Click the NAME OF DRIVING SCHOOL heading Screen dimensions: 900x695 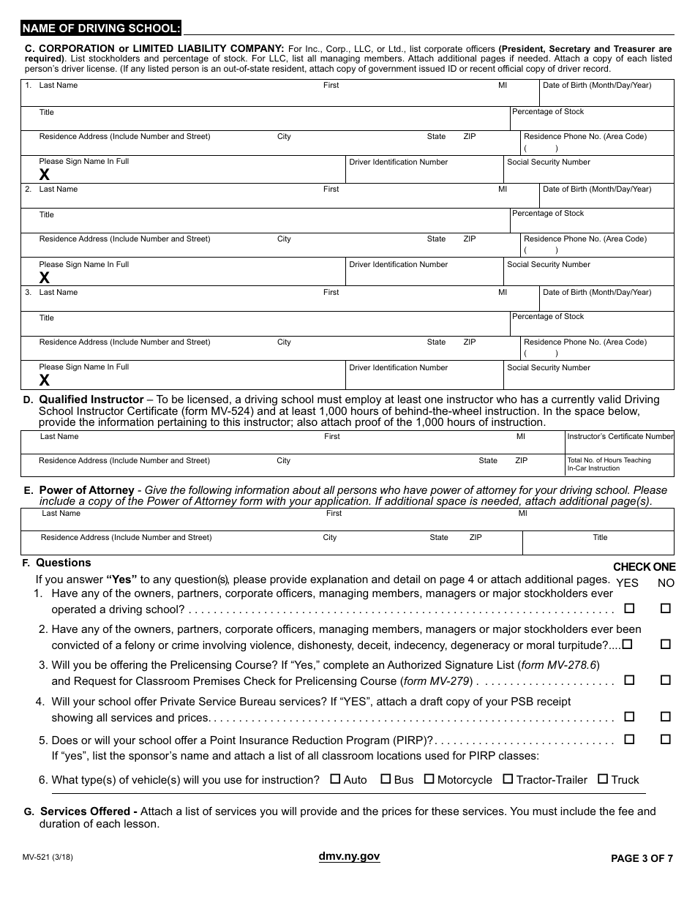click(x=101, y=29)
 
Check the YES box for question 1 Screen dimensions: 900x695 click(x=628, y=608)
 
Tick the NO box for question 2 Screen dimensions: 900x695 click(x=665, y=644)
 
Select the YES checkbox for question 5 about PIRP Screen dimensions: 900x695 click(x=628, y=740)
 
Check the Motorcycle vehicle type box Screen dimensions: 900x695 click(x=429, y=779)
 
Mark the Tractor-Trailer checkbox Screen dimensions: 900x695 click(x=508, y=779)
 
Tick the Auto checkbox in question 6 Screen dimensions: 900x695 click(x=335, y=779)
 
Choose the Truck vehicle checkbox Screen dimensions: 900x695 click(x=603, y=779)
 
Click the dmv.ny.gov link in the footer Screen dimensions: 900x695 click(x=349, y=857)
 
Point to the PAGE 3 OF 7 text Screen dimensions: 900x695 click(x=642, y=859)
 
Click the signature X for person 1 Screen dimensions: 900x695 click(x=45, y=174)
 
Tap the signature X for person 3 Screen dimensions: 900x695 click(x=45, y=380)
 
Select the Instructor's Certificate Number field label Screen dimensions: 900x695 click(x=620, y=437)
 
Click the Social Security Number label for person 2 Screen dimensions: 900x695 click(x=549, y=265)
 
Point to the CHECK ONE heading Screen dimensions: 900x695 click(x=644, y=567)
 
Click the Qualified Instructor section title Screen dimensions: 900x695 click(x=91, y=400)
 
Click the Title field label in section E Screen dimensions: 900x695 click(x=600, y=538)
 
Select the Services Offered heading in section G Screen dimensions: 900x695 click(x=89, y=811)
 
